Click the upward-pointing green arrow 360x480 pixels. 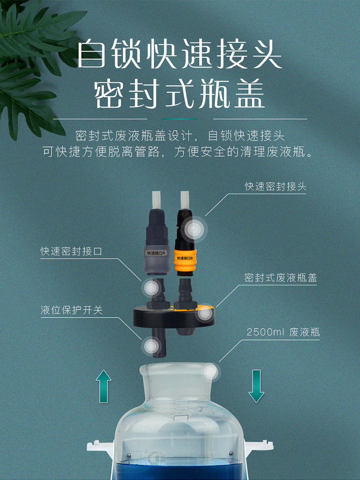point(103,387)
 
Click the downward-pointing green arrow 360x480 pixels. point(256,386)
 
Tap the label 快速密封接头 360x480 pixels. point(275,187)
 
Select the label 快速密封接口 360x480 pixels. point(71,251)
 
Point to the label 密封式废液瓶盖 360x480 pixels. point(280,278)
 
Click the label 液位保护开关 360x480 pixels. point(71,310)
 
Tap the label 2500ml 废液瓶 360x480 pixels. point(283,332)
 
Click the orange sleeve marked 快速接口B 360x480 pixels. point(185,260)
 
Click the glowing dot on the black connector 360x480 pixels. point(194,229)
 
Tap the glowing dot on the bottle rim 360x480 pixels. point(211,372)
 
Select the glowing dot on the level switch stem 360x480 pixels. point(152,346)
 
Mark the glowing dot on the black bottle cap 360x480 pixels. point(204,313)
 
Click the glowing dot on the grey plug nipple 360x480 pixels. point(152,288)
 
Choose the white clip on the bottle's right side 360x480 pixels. point(258,446)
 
